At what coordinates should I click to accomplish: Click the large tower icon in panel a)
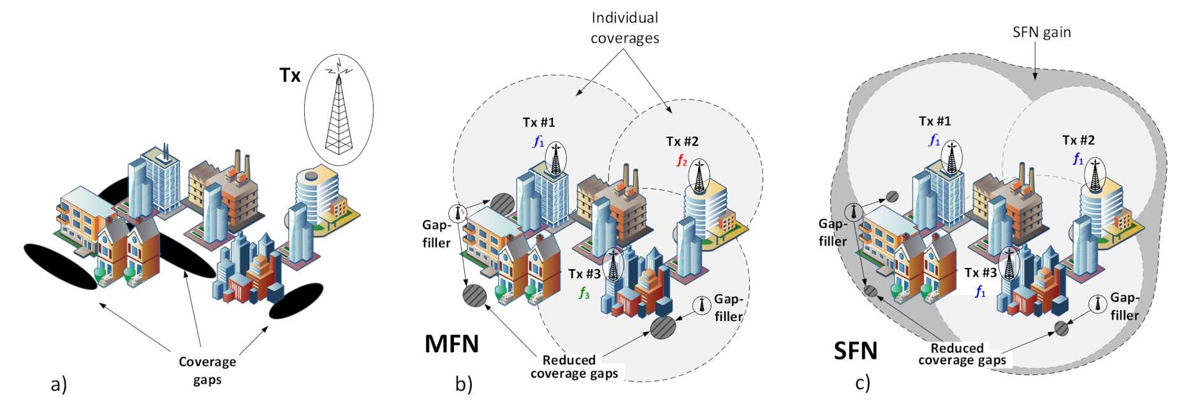(x=339, y=110)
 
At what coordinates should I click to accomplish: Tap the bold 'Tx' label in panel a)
(x=290, y=75)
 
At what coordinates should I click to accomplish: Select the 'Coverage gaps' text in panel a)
(x=207, y=370)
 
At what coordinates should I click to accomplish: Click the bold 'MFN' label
(x=451, y=345)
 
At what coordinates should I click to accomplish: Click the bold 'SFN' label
(x=856, y=351)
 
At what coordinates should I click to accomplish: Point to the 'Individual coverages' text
(x=625, y=28)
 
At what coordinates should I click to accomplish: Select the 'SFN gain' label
(x=1041, y=33)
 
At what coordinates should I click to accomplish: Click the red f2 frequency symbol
(x=682, y=160)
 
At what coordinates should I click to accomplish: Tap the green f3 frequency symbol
(x=584, y=293)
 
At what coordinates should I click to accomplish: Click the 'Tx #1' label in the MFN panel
(x=539, y=123)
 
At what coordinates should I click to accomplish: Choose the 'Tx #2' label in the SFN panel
(x=1078, y=140)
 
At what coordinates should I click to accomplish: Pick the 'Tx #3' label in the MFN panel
(x=584, y=274)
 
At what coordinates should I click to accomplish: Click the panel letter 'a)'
(x=59, y=384)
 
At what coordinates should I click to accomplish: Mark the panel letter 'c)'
(x=862, y=383)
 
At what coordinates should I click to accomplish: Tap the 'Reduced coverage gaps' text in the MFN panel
(x=574, y=367)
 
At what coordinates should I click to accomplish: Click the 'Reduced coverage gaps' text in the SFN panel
(x=962, y=354)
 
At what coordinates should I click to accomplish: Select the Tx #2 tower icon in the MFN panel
(x=699, y=177)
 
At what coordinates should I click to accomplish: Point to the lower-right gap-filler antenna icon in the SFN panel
(x=1097, y=304)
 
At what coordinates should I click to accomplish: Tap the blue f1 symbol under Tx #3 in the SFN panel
(x=980, y=292)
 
